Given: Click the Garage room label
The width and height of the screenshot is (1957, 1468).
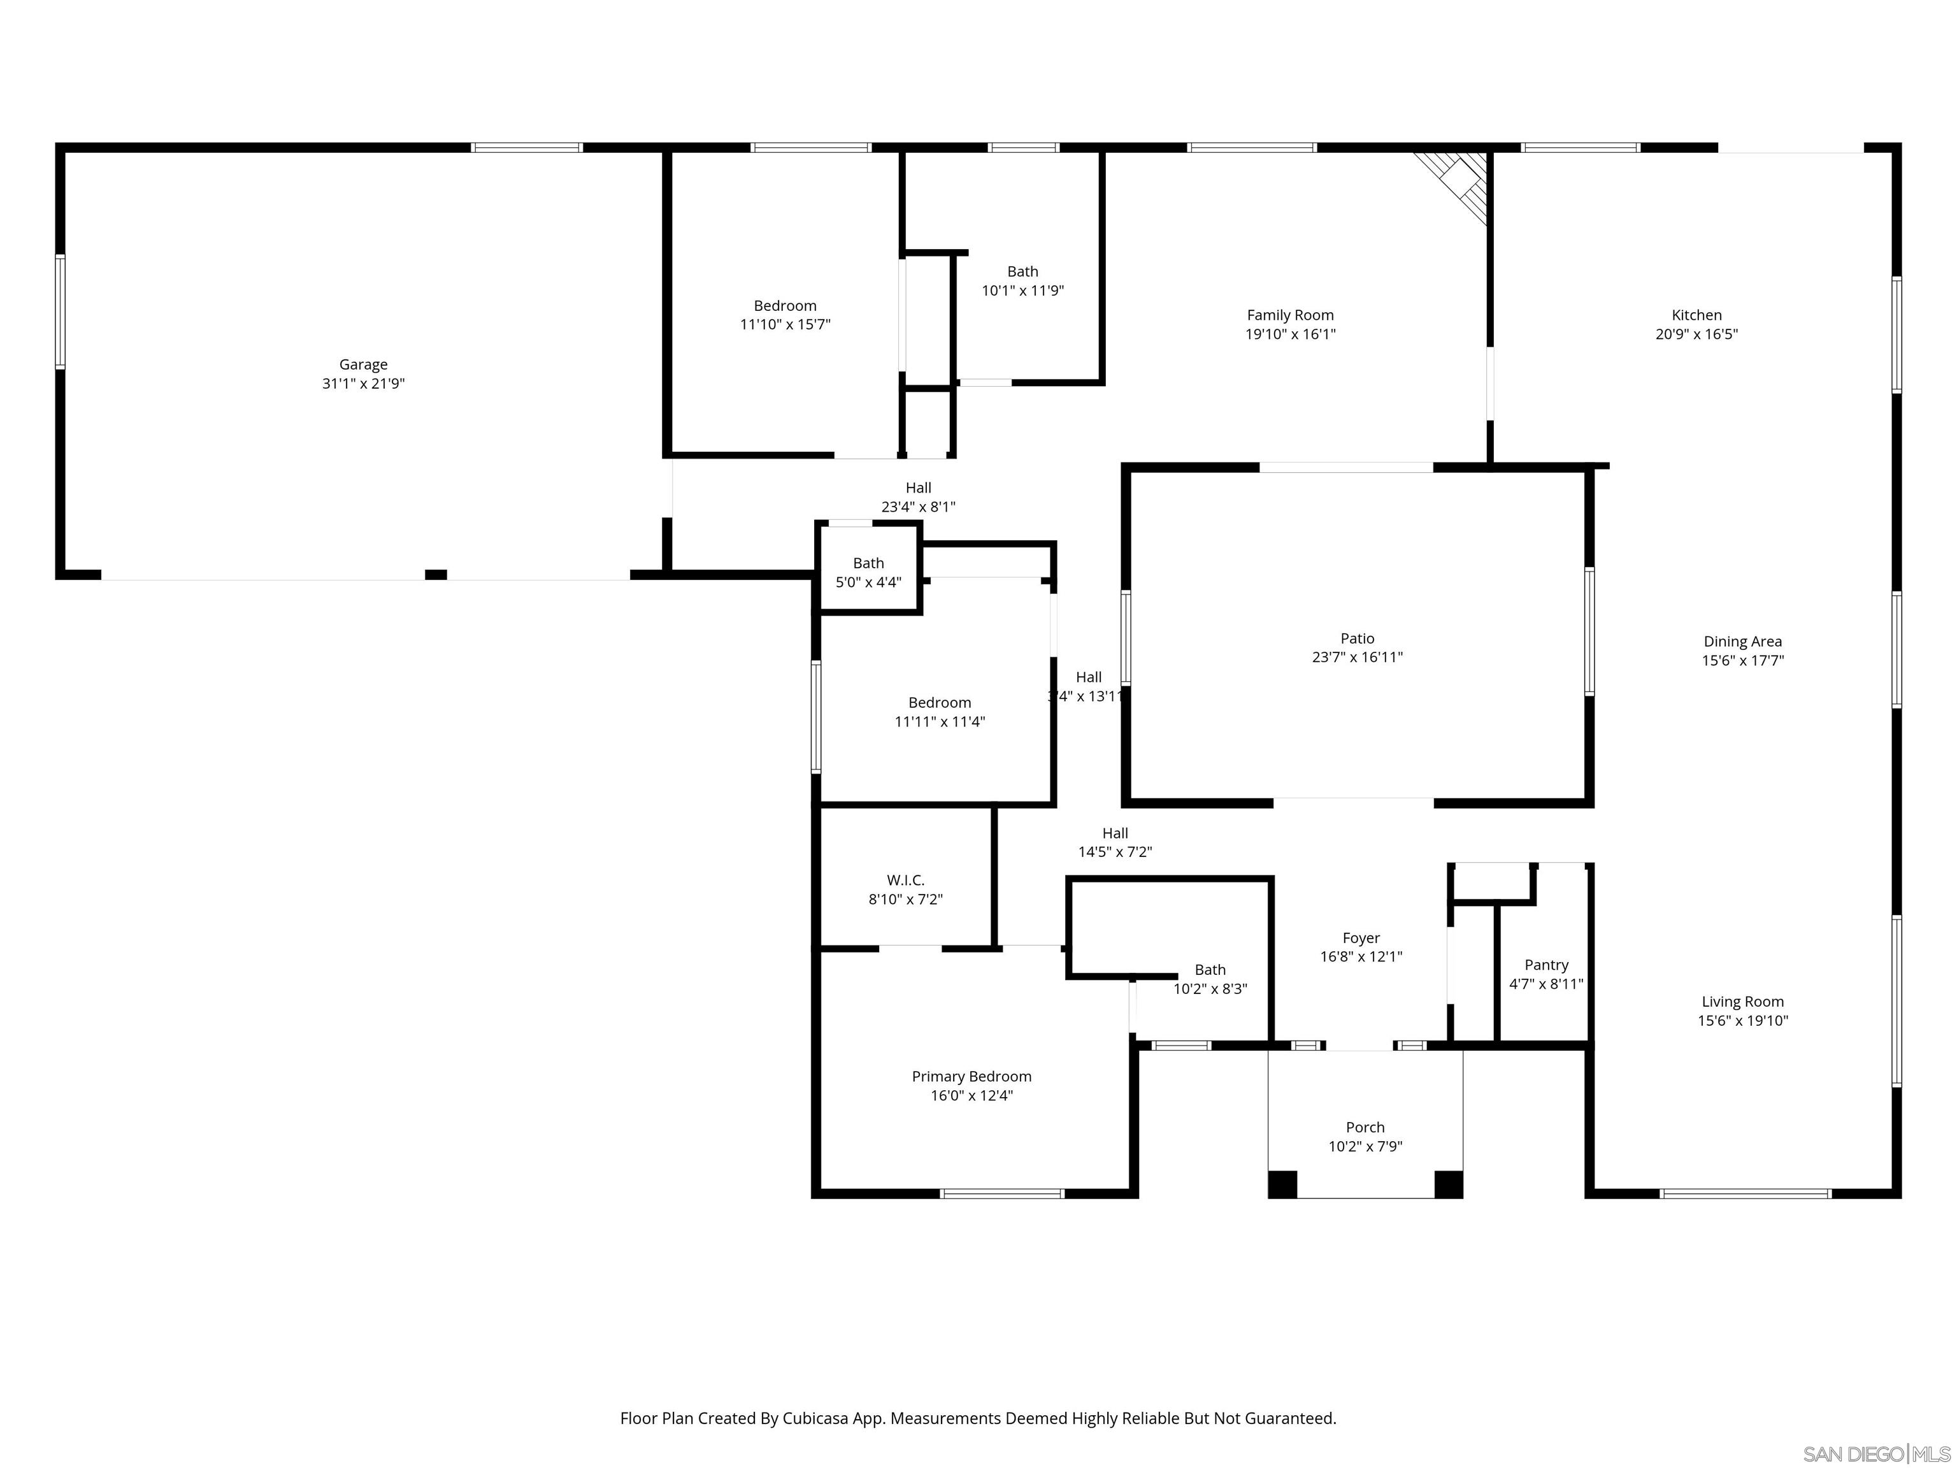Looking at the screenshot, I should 362,364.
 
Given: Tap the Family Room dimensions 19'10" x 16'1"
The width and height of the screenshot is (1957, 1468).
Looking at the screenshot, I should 1290,335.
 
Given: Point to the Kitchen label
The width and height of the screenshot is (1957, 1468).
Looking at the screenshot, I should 1696,315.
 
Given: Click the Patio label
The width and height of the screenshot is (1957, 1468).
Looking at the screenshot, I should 1357,638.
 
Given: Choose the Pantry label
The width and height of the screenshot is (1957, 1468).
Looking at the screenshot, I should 1545,965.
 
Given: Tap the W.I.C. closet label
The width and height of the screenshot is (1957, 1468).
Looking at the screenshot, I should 905,881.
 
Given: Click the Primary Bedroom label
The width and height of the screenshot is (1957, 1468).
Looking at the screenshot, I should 971,1076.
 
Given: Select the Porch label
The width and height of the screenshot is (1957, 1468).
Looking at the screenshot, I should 1365,1127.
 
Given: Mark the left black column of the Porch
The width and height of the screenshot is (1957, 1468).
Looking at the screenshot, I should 1282,1184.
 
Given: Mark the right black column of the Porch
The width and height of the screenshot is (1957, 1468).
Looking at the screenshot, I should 1448,1184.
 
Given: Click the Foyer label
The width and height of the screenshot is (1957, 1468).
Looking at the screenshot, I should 1361,938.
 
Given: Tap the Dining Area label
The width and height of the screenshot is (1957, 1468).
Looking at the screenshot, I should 1742,642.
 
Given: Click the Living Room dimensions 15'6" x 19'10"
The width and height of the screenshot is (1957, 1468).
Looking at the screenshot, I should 1742,1020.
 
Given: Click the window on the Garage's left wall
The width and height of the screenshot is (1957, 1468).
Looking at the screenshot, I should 60,312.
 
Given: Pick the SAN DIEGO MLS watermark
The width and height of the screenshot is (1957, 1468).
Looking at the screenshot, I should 1875,1454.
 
